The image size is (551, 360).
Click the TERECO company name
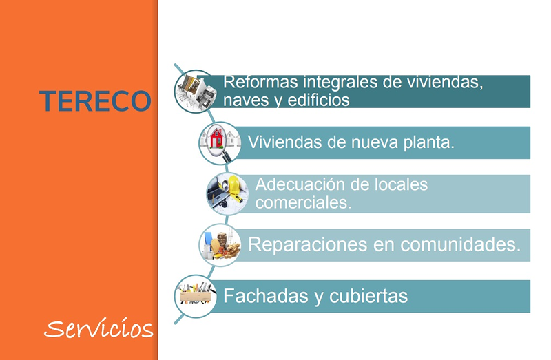tap(95, 101)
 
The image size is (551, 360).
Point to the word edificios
tap(319, 100)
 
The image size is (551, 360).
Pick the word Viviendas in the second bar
tap(282, 142)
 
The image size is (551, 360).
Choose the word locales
tap(400, 184)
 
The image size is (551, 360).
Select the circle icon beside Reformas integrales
tap(196, 89)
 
